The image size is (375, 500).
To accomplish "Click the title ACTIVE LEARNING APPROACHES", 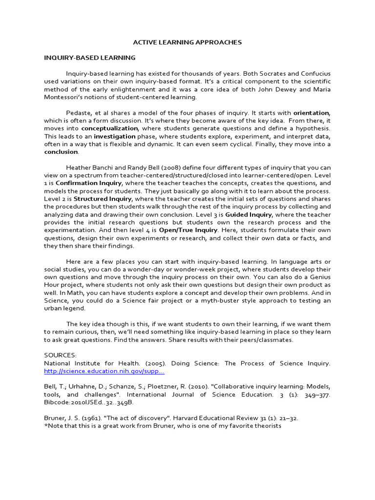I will tap(187, 42).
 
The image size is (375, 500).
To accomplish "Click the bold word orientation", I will tap(311, 113).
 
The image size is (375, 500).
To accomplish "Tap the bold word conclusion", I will tap(61, 152).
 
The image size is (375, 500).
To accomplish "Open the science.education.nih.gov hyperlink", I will tap(104, 371).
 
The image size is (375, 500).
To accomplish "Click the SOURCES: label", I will tap(61, 355).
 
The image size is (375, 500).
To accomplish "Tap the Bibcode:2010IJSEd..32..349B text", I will tap(88, 402).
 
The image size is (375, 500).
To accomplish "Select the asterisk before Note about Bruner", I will tap(45, 426).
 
